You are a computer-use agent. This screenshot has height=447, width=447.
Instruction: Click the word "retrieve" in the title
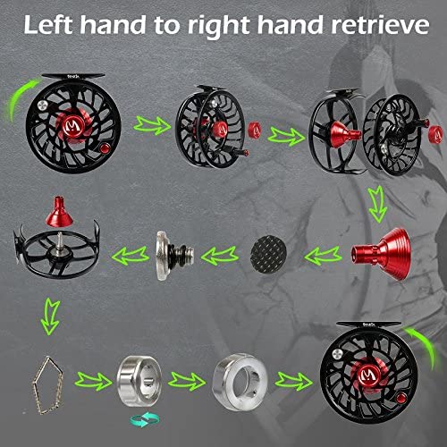point(381,25)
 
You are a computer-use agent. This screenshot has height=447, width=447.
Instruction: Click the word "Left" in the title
point(47,24)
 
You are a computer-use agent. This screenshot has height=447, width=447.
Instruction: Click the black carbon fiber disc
point(268,255)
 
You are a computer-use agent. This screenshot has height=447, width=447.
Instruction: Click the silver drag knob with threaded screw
point(174,256)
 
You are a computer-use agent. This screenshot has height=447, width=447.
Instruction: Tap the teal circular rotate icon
point(145,419)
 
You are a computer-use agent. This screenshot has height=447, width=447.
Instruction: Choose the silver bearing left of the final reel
point(240,383)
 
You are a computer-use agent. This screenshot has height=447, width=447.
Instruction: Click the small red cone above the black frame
point(59,211)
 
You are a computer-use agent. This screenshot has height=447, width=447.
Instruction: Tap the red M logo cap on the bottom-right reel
point(367,375)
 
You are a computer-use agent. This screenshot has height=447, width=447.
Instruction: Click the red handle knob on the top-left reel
point(105,148)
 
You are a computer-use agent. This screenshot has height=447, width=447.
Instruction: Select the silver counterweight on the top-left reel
point(44,105)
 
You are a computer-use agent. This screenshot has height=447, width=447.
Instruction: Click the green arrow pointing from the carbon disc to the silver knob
point(220,256)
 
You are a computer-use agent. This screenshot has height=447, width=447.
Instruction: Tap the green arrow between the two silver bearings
point(187,381)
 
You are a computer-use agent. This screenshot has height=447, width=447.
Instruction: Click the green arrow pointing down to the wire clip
point(51,316)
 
